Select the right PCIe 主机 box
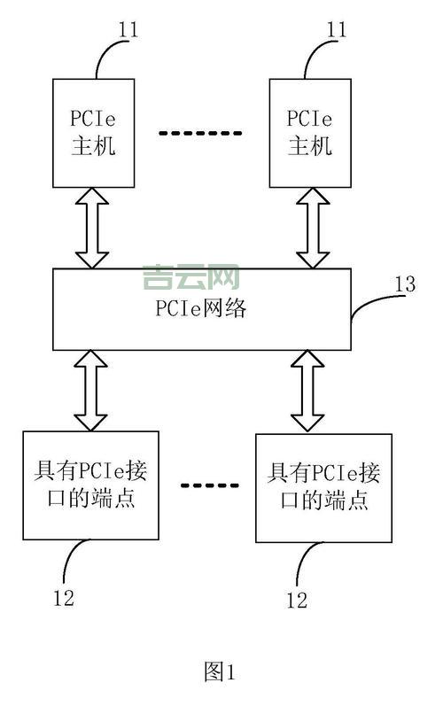click(x=309, y=133)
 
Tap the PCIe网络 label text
click(x=201, y=309)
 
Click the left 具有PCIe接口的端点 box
click(x=90, y=485)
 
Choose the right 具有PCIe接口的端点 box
click(x=323, y=487)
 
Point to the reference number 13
click(x=405, y=284)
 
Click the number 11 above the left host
click(x=128, y=29)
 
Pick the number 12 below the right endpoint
click(x=297, y=601)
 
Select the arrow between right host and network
click(x=312, y=228)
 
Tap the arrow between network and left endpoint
click(x=91, y=390)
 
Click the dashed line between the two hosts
click(x=199, y=133)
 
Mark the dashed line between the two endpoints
click(x=210, y=485)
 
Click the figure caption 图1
click(x=219, y=672)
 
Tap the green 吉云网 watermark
click(x=190, y=278)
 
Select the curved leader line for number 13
click(x=372, y=305)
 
